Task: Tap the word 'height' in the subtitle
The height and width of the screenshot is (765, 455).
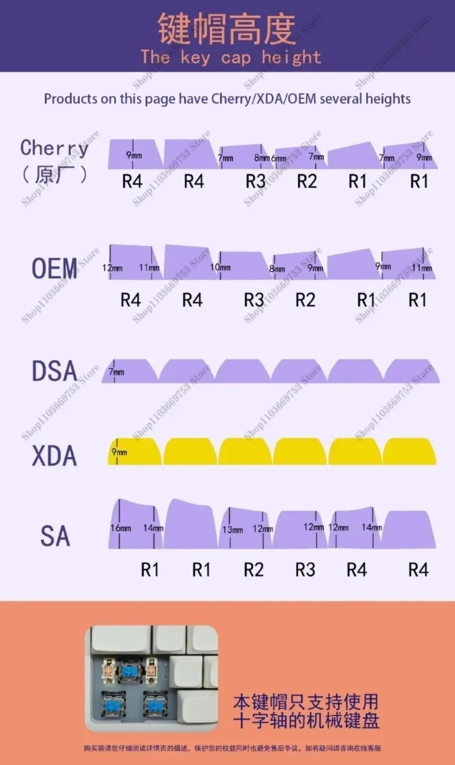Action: tap(291, 57)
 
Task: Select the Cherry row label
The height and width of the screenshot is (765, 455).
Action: tap(55, 148)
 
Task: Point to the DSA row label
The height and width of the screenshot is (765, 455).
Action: tap(55, 371)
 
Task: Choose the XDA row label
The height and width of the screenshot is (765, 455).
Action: tap(55, 456)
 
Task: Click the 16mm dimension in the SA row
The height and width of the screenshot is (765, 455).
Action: tap(121, 528)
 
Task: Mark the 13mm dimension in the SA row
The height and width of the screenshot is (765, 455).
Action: tap(233, 530)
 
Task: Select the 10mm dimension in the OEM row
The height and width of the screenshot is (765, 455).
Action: tap(220, 268)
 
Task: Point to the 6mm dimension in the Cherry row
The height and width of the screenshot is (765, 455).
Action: tap(278, 158)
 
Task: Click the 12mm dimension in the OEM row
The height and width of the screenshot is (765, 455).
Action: tap(113, 268)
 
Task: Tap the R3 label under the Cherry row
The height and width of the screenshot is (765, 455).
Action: tap(255, 182)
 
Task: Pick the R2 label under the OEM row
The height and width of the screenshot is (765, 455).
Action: tap(305, 300)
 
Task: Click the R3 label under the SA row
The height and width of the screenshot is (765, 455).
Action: tap(305, 570)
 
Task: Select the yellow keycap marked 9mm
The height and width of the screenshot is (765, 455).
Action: tap(134, 452)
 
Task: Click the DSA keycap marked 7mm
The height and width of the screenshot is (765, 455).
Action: tap(130, 371)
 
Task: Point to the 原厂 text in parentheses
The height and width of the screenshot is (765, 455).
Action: tap(55, 174)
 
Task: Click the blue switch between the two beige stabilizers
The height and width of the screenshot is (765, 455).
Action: tap(130, 670)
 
